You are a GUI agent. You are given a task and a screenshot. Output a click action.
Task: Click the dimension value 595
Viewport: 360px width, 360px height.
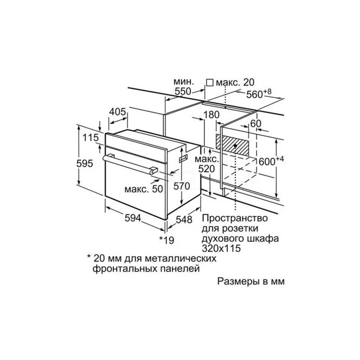[x=85, y=163]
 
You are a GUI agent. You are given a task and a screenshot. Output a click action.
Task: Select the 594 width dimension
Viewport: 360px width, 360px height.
[x=133, y=218]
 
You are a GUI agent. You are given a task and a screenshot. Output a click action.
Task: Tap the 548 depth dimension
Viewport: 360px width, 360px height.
[x=184, y=220]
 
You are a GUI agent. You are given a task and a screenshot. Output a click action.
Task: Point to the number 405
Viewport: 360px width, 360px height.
[x=117, y=112]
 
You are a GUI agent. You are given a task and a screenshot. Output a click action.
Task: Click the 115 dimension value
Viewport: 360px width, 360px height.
[x=90, y=138]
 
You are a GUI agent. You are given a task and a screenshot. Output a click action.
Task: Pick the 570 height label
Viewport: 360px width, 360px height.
[x=182, y=186]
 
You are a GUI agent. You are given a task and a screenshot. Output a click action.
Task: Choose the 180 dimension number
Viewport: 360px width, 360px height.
[x=211, y=115]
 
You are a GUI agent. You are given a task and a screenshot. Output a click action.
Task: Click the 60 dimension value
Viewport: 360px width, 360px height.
[x=256, y=124]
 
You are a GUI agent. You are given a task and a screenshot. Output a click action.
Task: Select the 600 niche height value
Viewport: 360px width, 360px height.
[x=267, y=162]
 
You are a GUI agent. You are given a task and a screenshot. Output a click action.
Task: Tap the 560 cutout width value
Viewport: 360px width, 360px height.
[x=255, y=94]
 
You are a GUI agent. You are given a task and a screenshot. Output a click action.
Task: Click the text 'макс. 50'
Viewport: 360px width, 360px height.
[x=144, y=189]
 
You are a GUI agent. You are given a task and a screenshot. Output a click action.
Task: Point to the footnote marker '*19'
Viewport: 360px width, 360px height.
[x=167, y=240]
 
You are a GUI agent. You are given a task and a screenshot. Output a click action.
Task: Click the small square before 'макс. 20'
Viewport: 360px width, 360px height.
[x=210, y=82]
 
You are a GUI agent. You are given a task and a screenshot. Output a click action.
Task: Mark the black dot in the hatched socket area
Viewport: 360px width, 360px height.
[x=235, y=145]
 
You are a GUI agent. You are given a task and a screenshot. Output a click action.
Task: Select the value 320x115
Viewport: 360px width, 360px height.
[x=221, y=248]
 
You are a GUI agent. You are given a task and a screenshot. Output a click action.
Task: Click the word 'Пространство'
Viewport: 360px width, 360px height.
[x=235, y=218]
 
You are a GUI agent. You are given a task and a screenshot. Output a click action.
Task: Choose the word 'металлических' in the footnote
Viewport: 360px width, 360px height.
[x=180, y=258]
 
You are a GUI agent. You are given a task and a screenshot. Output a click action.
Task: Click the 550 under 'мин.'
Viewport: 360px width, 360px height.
[x=183, y=91]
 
